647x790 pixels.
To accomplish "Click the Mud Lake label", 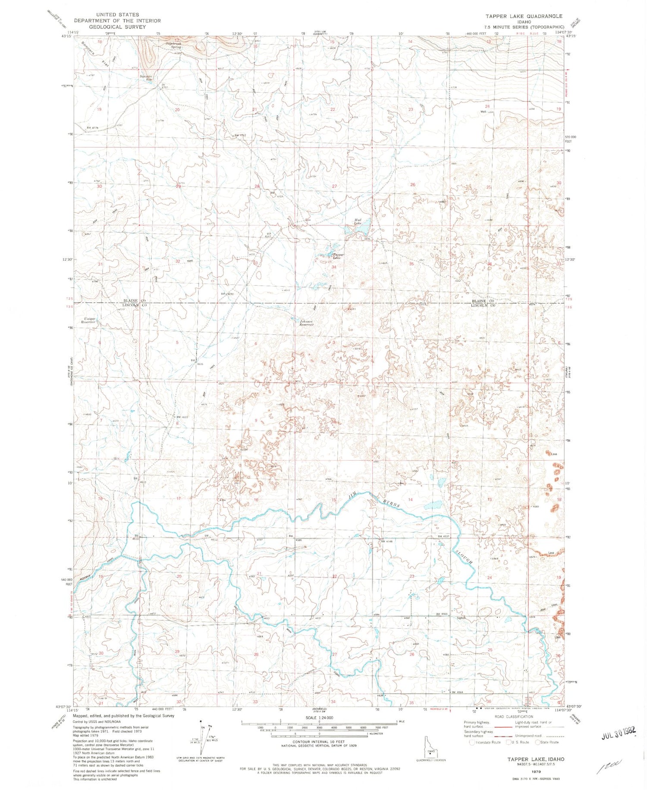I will pyautogui.click(x=358, y=221).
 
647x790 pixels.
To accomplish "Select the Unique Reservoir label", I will pyautogui.click(x=90, y=320).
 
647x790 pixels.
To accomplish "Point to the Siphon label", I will pyautogui.click(x=461, y=618).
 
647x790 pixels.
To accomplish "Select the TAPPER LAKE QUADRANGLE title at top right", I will pyautogui.click(x=524, y=16).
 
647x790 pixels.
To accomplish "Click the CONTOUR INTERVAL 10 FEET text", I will pyautogui.click(x=318, y=742).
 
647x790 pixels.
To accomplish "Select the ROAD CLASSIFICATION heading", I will pyautogui.click(x=513, y=717).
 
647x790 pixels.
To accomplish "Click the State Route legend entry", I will pyautogui.click(x=546, y=742).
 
